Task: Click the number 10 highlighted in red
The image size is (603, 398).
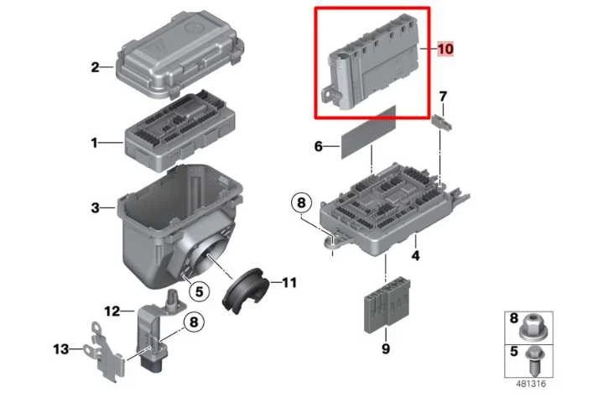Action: (x=444, y=50)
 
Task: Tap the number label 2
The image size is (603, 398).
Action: (x=96, y=68)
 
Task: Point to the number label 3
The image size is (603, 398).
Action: (x=96, y=207)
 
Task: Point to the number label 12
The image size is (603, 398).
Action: (x=113, y=312)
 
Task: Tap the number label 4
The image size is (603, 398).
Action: (x=415, y=255)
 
